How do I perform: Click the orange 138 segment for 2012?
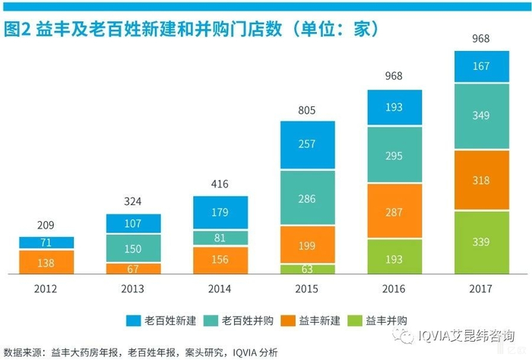click(46, 262)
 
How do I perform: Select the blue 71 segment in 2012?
click(46, 243)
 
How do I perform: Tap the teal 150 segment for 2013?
click(133, 248)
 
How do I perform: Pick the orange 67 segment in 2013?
click(133, 269)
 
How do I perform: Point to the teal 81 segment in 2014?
click(220, 238)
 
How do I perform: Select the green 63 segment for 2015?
click(307, 269)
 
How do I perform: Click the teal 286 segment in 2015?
click(307, 197)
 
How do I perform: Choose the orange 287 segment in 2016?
click(394, 211)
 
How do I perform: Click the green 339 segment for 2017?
click(481, 242)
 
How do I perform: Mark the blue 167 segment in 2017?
click(481, 67)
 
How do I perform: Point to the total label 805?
click(307, 110)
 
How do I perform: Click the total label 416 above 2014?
click(220, 185)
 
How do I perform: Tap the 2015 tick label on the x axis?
click(307, 289)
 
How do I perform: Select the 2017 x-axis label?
click(481, 289)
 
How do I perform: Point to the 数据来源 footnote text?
click(141, 352)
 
